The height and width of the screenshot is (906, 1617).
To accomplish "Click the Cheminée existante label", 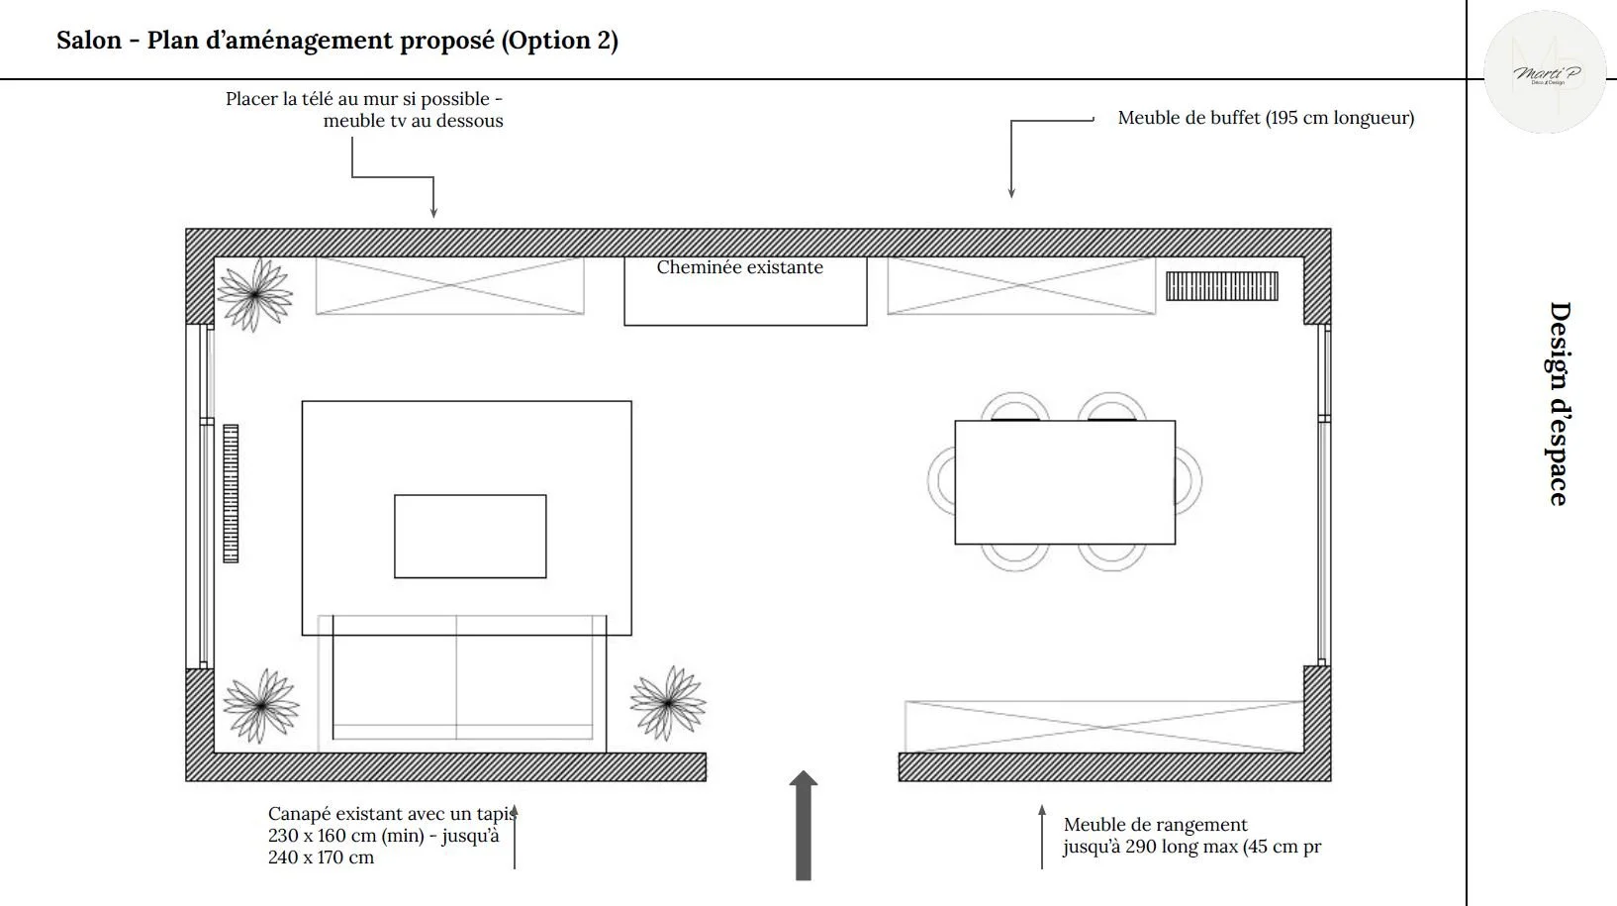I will (x=739, y=267).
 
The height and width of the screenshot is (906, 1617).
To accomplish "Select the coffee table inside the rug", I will (x=470, y=536).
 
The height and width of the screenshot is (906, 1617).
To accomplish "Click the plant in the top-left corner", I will (x=254, y=294).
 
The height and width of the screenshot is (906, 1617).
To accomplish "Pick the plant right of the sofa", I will (x=669, y=702).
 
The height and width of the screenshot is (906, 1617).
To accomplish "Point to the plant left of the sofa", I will (x=260, y=705).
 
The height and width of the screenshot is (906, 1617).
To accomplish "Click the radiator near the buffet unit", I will (x=1221, y=286).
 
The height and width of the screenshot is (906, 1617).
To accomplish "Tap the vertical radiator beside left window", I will (x=231, y=493).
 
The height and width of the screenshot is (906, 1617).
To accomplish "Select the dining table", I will (x=1064, y=482).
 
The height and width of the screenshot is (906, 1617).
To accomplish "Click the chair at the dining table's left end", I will (x=940, y=480).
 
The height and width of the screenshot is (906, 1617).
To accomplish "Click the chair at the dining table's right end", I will (x=1189, y=480).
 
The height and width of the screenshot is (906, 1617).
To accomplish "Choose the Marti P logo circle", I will (x=1545, y=72).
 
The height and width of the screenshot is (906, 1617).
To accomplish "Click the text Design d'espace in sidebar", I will (x=1559, y=403).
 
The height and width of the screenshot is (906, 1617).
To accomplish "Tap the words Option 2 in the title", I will (x=561, y=41).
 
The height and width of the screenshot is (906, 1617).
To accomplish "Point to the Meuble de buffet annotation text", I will (x=1265, y=118).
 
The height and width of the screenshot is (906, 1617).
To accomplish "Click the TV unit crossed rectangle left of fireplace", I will (x=449, y=286).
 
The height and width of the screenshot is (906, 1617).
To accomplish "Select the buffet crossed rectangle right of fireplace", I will (x=1020, y=286).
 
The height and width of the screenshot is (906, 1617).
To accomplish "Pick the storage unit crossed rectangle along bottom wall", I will (x=1103, y=726).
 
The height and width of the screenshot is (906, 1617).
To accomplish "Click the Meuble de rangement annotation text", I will (x=1155, y=825).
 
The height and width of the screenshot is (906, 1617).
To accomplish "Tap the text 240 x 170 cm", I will (x=321, y=857).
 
